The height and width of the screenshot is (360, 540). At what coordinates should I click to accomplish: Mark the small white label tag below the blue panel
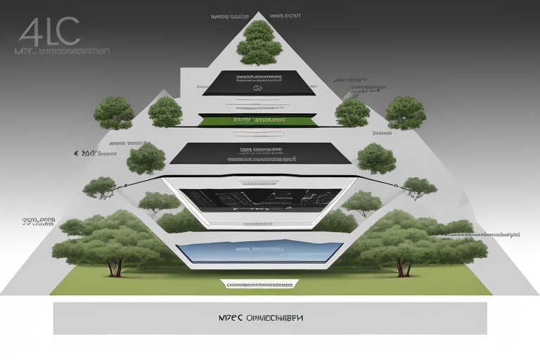click(257, 284)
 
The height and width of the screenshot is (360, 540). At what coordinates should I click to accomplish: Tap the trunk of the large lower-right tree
click(403, 266)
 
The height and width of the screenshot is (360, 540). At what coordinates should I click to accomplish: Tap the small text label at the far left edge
click(39, 222)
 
